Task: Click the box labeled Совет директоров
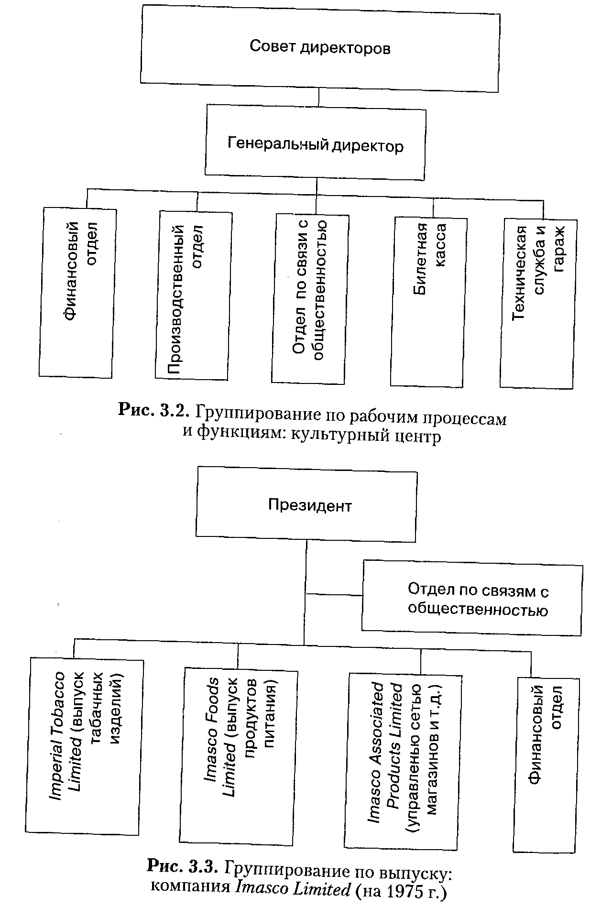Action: point(319,47)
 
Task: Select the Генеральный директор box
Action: point(315,144)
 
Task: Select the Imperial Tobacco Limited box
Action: point(84,746)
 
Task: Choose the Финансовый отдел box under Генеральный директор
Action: point(77,293)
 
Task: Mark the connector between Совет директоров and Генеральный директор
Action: point(318,98)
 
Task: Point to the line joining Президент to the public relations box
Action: point(334,595)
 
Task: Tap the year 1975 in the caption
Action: point(400,890)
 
